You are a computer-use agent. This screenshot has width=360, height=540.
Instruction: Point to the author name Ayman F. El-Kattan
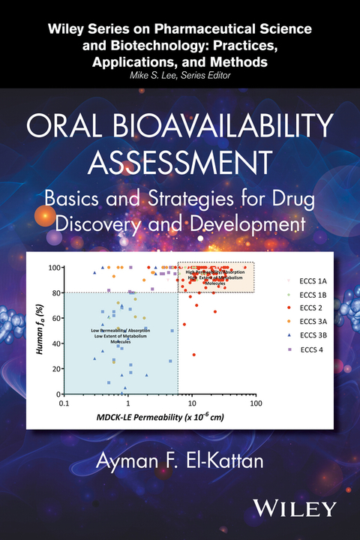179,458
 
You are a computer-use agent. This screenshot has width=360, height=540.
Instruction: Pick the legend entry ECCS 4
310,349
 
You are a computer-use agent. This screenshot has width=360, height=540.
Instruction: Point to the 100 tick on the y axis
53,267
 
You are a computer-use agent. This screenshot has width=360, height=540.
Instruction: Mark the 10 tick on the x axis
192,403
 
